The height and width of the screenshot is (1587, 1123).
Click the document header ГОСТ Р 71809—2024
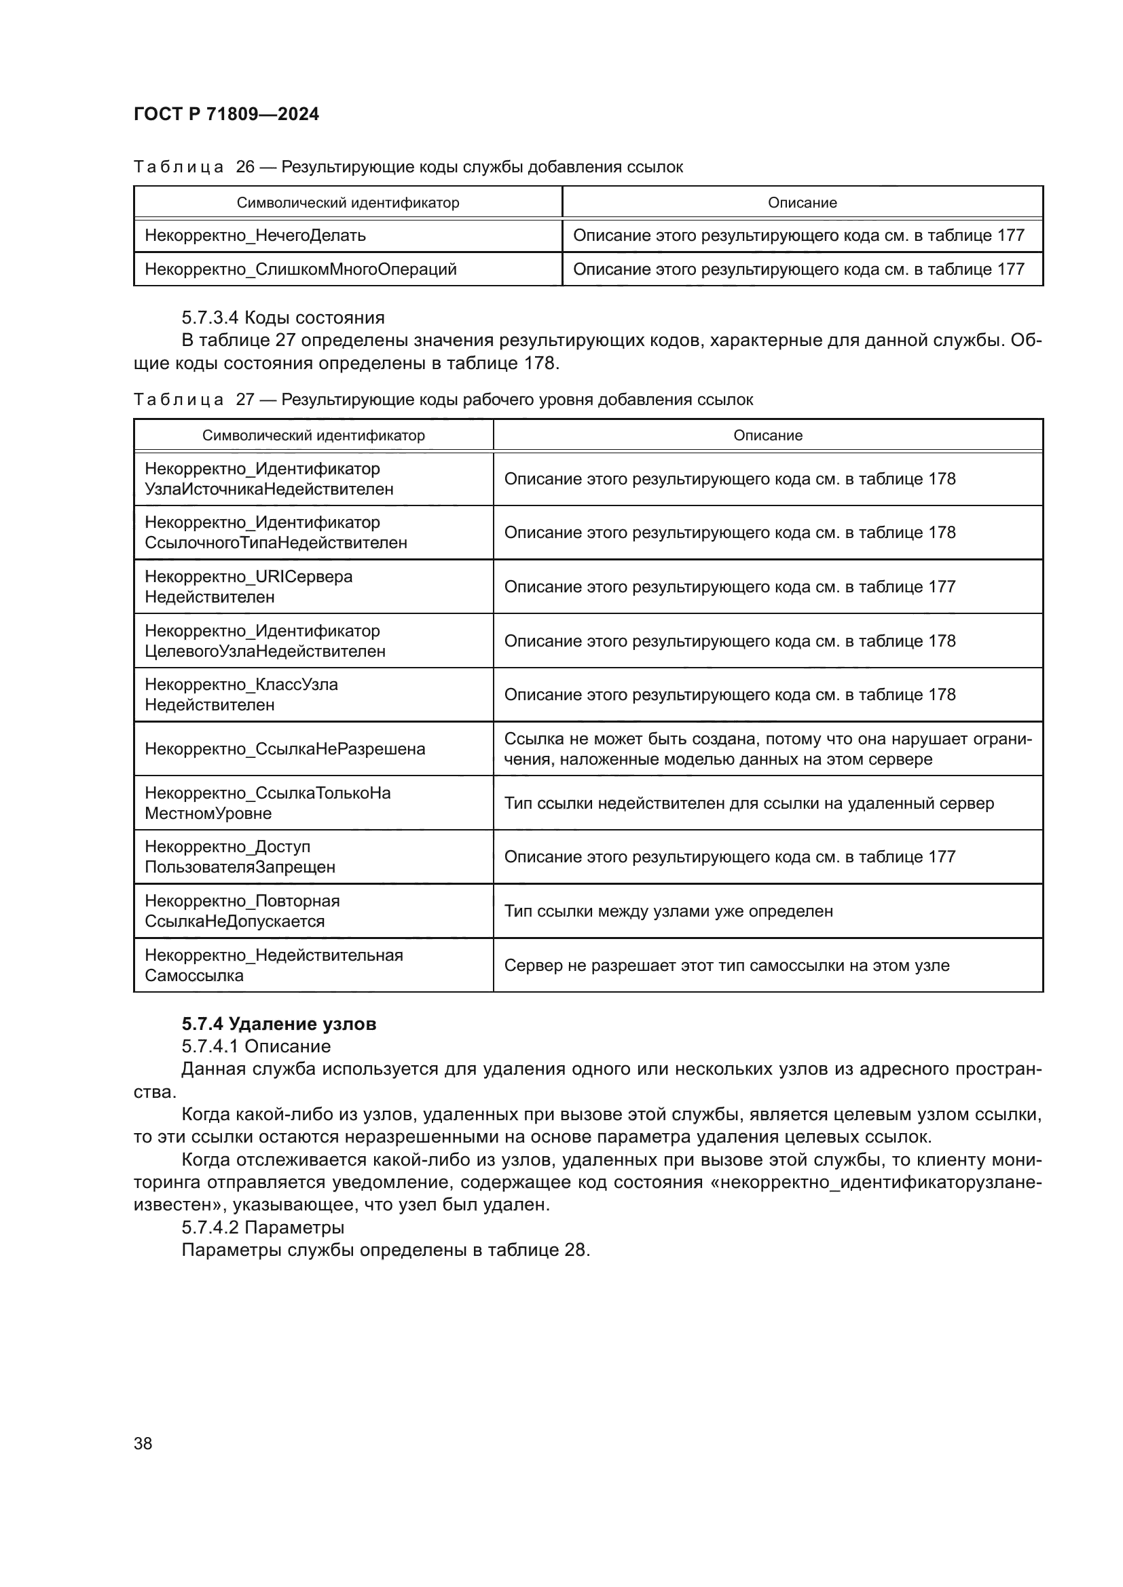click(226, 114)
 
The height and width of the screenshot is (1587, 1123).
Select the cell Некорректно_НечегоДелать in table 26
click(255, 235)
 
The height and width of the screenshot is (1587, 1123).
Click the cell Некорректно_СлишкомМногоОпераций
click(301, 269)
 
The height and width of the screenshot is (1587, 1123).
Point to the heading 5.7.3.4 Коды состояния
click(283, 318)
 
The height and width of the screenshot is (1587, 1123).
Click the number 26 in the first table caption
click(245, 168)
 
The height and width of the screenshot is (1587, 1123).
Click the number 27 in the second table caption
click(245, 400)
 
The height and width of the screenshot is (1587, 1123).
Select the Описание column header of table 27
click(768, 436)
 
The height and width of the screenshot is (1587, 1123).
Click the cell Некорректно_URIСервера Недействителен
click(249, 587)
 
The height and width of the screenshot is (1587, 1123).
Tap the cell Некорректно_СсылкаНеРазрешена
click(285, 749)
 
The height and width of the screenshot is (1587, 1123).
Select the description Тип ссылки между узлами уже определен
click(669, 911)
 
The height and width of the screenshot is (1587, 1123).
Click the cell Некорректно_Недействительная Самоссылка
click(274, 965)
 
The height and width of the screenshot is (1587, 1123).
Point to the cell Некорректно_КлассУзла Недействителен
click(241, 695)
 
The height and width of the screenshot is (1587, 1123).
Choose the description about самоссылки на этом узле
click(726, 965)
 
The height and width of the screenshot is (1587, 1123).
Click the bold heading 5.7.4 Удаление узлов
click(278, 1024)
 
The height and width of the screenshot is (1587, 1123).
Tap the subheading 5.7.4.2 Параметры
click(263, 1227)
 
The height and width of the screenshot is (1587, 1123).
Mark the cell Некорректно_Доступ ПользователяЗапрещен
click(240, 857)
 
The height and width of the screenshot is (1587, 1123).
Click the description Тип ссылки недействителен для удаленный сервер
click(749, 803)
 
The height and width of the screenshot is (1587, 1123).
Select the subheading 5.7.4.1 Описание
click(256, 1046)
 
